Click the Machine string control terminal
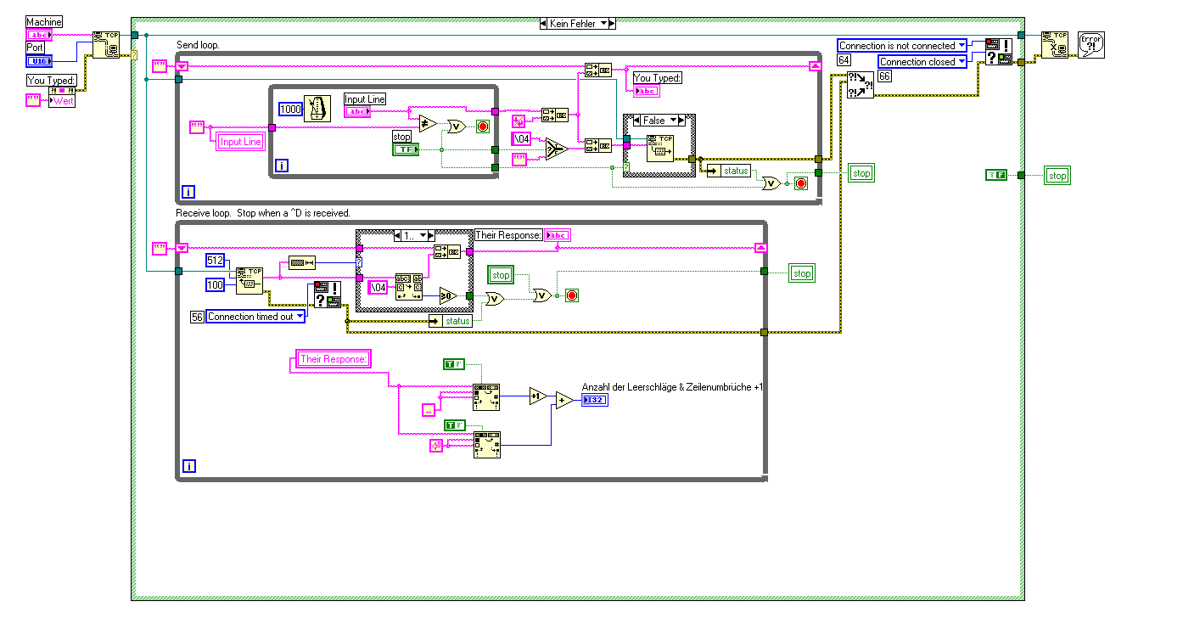pyautogui.click(x=38, y=35)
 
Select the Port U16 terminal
pyautogui.click(x=38, y=61)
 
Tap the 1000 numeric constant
pyautogui.click(x=289, y=110)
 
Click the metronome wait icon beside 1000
pyautogui.click(x=317, y=110)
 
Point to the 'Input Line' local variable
pyautogui.click(x=241, y=142)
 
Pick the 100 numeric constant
pyautogui.click(x=216, y=285)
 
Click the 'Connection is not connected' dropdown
pyautogui.click(x=902, y=46)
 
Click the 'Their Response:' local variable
pyautogui.click(x=333, y=359)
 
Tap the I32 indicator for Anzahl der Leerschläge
pyautogui.click(x=594, y=401)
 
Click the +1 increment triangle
pyautogui.click(x=537, y=396)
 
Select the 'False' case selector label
pyautogui.click(x=659, y=121)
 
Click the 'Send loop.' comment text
pyautogui.click(x=198, y=44)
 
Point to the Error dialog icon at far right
pyautogui.click(x=1090, y=44)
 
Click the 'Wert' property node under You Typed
pyautogui.click(x=63, y=101)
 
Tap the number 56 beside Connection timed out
pyautogui.click(x=197, y=317)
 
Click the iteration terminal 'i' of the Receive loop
pyautogui.click(x=189, y=465)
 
